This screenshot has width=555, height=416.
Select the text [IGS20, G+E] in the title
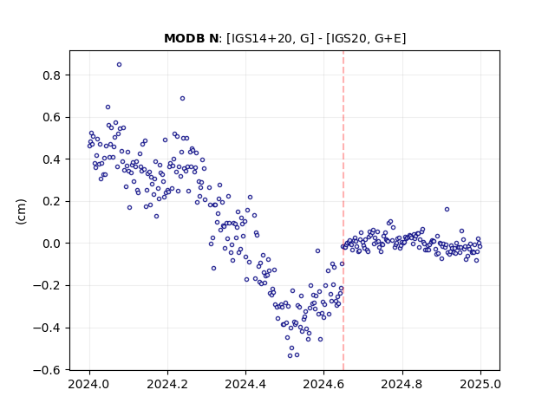pyautogui.click(x=366, y=38)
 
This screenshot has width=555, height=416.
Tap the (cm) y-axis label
pyautogui.click(x=21, y=211)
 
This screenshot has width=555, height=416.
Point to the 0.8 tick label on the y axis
pyautogui.click(x=51, y=75)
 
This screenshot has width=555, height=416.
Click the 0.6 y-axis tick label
pyautogui.click(x=51, y=118)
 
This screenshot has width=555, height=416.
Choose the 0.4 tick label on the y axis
pyautogui.click(x=51, y=159)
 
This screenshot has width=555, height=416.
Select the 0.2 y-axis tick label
pyautogui.click(x=51, y=202)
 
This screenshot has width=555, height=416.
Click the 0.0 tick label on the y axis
pyautogui.click(x=51, y=244)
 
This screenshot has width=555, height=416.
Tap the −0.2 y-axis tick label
pyautogui.click(x=47, y=286)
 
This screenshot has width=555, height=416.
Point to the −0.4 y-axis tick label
pyautogui.click(x=47, y=328)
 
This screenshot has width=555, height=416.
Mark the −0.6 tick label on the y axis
pyautogui.click(x=47, y=370)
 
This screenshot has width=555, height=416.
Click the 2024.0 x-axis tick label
pyautogui.click(x=89, y=384)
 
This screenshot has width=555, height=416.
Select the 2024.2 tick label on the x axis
pyautogui.click(x=167, y=384)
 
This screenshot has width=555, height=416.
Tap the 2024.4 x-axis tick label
pyautogui.click(x=245, y=384)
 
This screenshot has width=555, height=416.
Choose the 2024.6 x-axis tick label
pyautogui.click(x=323, y=384)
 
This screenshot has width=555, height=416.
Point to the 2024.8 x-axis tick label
pyautogui.click(x=402, y=384)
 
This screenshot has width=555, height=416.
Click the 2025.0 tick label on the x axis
pyautogui.click(x=480, y=384)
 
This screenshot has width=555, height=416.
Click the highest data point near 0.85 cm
pyautogui.click(x=120, y=64)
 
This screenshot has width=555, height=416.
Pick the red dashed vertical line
pyautogui.click(x=343, y=211)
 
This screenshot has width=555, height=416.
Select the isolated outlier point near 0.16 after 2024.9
pyautogui.click(x=447, y=210)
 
